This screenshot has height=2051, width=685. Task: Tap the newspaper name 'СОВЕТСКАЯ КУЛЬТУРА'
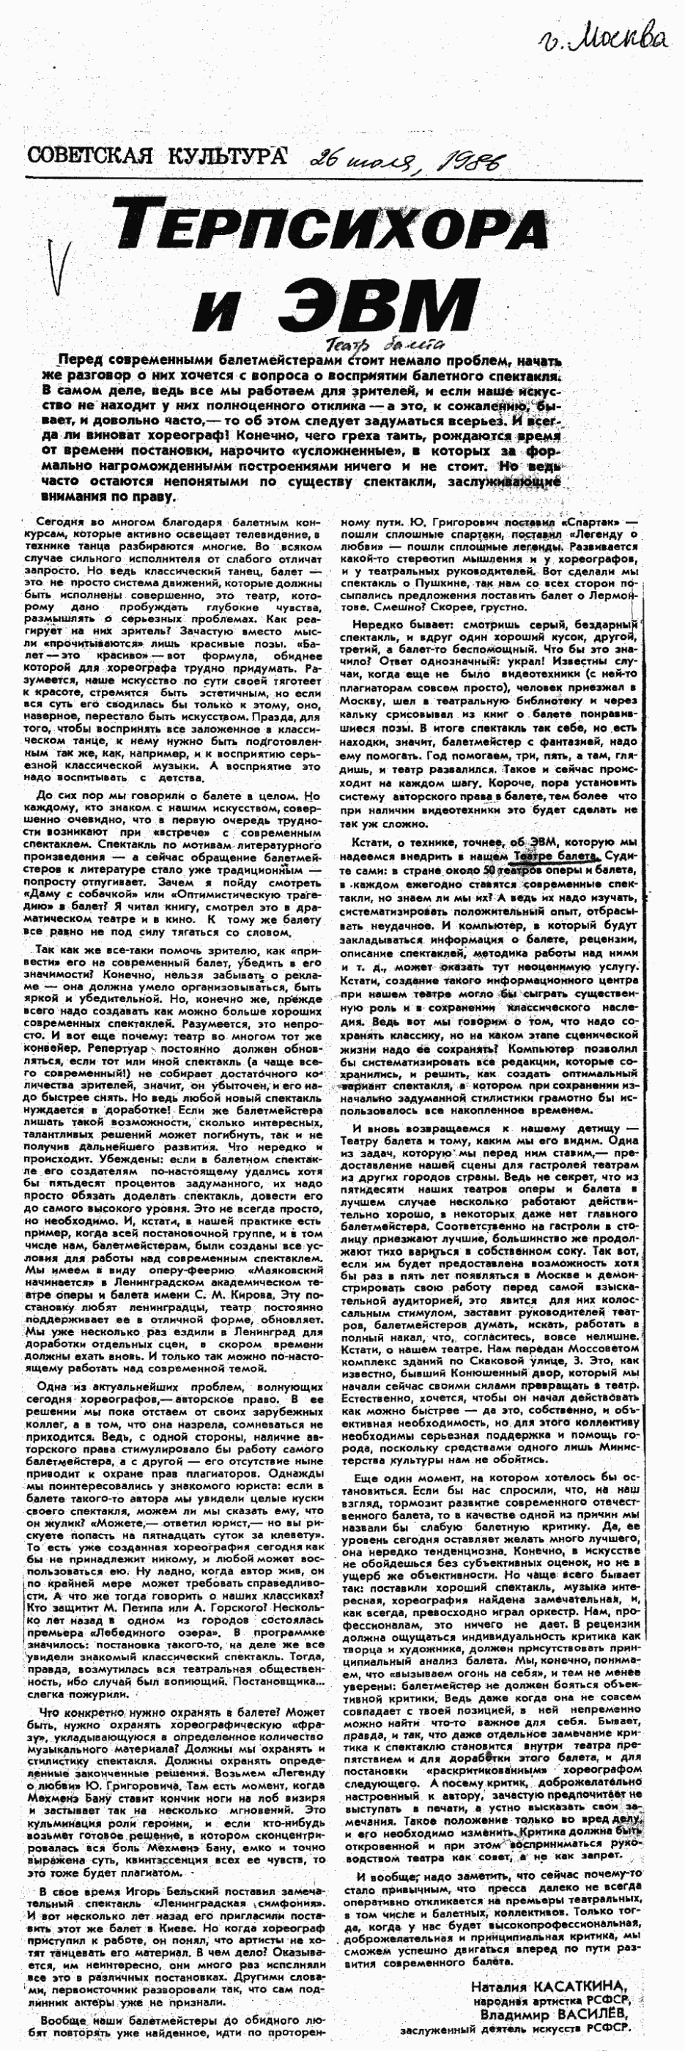[x=156, y=155]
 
